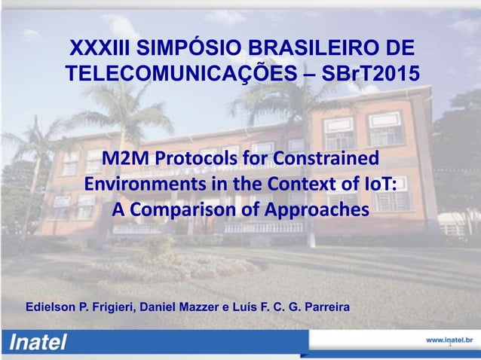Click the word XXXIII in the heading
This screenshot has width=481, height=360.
97,50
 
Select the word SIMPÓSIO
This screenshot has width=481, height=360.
187,50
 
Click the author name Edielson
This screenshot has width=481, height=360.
54,308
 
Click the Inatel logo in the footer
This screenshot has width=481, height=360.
38,343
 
